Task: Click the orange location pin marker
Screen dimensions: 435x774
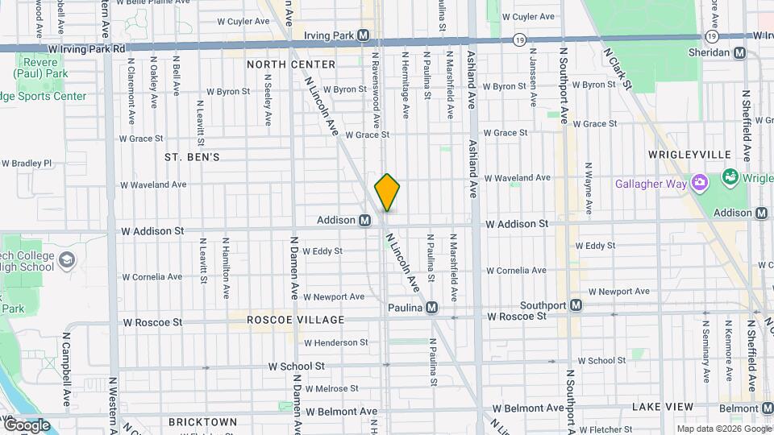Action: [x=387, y=192]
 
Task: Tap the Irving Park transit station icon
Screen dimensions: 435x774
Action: [x=364, y=35]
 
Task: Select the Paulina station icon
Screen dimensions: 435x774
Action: [x=432, y=307]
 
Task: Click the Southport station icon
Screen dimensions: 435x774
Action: [x=576, y=305]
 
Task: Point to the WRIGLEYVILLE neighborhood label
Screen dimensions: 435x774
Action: [x=689, y=155]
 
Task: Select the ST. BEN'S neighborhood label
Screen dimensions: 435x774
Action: [x=192, y=157]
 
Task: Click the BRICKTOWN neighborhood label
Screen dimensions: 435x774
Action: [x=202, y=422]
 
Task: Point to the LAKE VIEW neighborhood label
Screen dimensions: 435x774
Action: [x=659, y=406]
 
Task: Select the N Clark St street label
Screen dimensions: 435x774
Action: [x=618, y=68]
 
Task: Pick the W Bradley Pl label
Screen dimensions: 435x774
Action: [x=27, y=163]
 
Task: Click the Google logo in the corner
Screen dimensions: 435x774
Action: [x=26, y=424]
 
